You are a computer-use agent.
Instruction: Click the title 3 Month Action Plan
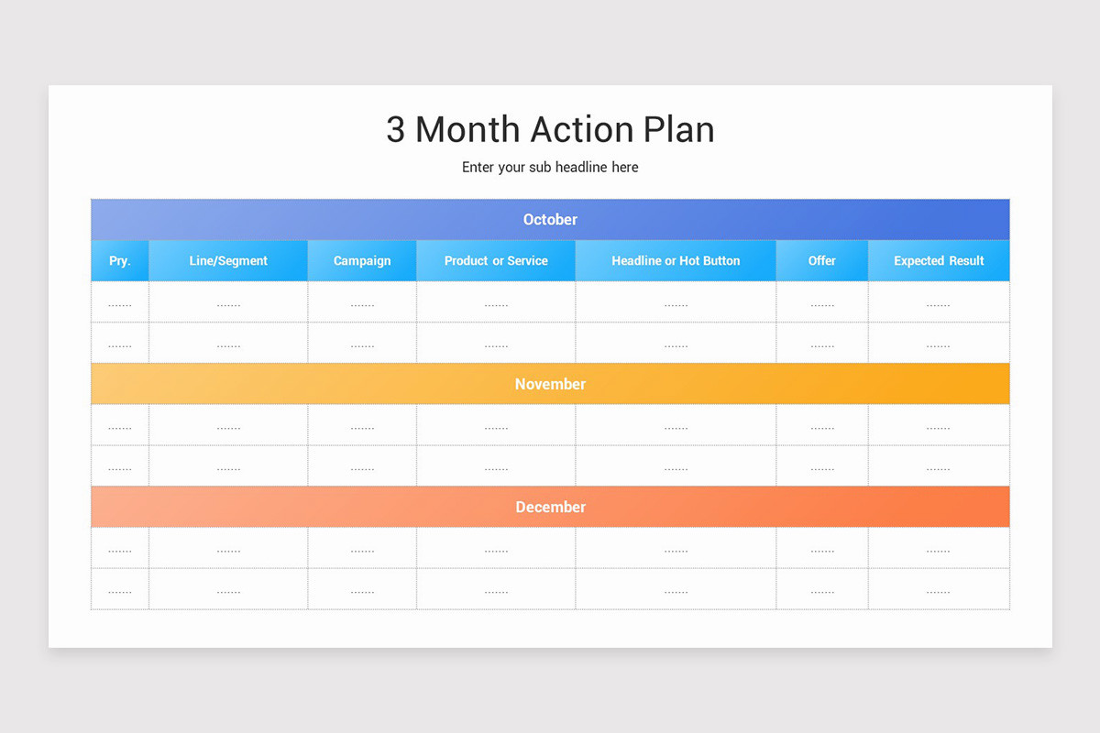point(550,129)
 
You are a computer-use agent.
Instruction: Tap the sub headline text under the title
point(550,168)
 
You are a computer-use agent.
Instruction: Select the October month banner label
point(550,220)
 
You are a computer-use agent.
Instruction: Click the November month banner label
point(550,384)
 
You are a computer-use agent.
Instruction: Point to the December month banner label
point(550,507)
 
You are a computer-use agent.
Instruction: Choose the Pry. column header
point(120,261)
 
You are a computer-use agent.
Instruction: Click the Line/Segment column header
point(228,261)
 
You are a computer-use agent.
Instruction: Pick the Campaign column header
point(362,261)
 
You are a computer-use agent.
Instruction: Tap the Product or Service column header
point(496,261)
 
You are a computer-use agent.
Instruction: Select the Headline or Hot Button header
point(676,261)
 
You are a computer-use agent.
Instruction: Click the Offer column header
point(822,261)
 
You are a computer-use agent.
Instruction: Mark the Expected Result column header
point(939,261)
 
